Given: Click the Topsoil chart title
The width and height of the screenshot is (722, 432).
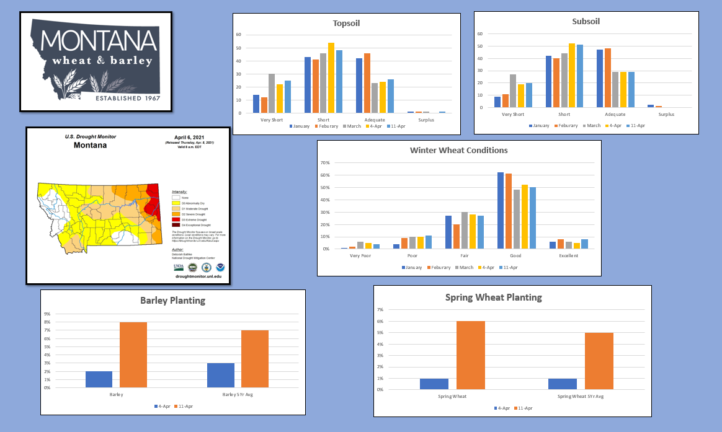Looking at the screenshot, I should point(346,24).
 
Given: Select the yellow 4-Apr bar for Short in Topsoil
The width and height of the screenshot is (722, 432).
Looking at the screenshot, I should point(331,78).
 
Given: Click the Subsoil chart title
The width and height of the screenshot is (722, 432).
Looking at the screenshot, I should point(586,21).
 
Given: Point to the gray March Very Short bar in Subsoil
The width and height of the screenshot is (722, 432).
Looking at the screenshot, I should point(513,90).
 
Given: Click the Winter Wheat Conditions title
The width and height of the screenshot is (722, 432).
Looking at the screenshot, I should point(458,150).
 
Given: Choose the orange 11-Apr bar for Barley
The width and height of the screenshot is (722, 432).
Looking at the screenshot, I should point(133,355).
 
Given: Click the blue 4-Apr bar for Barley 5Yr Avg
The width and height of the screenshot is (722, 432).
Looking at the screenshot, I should point(221,375).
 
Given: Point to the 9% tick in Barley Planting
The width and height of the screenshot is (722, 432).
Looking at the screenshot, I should point(47,314).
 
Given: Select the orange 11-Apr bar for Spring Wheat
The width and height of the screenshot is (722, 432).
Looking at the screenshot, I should point(471,355).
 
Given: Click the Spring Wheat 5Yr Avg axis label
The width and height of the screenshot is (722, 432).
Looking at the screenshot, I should point(581,396).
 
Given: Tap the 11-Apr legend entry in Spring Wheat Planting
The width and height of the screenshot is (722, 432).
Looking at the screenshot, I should point(524,408).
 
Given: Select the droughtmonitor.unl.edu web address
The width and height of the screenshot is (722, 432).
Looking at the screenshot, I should point(198,277).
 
